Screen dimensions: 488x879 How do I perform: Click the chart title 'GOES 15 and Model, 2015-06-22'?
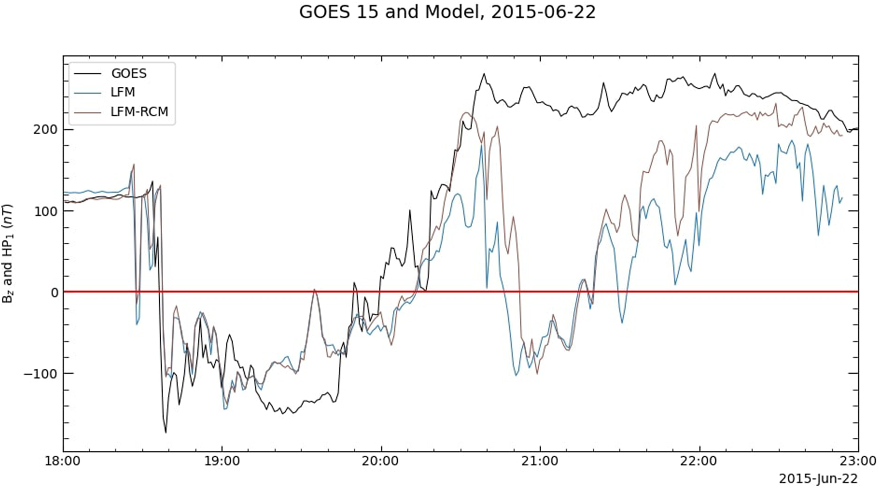tap(447, 12)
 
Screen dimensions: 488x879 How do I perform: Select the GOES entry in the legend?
tap(129, 73)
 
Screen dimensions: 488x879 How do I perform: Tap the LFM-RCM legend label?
tap(139, 112)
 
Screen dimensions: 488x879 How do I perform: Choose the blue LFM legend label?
tap(123, 92)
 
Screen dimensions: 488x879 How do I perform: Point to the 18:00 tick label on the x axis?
tap(63, 461)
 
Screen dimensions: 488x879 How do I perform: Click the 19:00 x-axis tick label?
tap(222, 461)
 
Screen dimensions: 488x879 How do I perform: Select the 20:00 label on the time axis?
tap(381, 461)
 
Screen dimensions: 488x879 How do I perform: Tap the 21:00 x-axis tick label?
tap(540, 461)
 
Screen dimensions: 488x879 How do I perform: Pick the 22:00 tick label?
tap(699, 461)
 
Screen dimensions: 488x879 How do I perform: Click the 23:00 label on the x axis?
tap(858, 461)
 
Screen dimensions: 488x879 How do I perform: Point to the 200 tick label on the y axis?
tap(46, 130)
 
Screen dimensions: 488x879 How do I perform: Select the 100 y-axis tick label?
tap(46, 211)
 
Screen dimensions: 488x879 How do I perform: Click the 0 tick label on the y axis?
tap(54, 292)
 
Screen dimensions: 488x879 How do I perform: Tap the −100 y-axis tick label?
tap(41, 374)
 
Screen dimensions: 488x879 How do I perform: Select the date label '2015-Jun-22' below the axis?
tap(818, 479)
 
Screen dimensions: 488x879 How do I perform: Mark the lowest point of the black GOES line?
tap(166, 432)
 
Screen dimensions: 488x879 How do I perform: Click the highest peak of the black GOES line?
tap(484, 74)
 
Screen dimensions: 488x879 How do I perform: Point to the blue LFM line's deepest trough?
tap(225, 409)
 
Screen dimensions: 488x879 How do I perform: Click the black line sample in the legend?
tap(87, 74)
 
